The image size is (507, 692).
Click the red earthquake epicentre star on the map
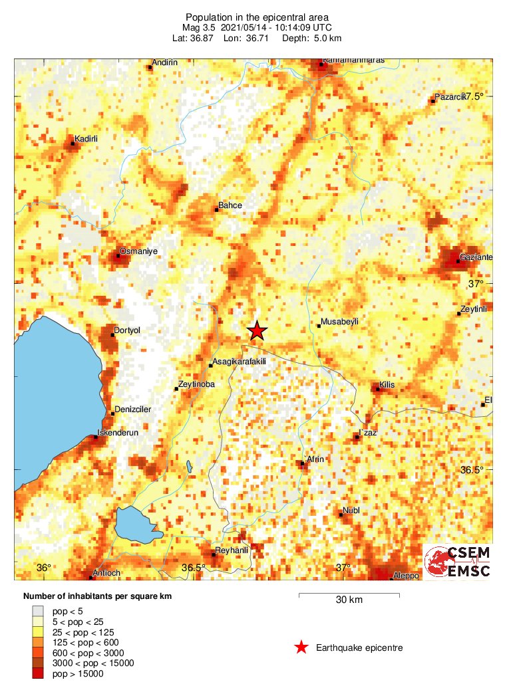click(x=257, y=330)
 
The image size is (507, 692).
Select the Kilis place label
click(x=387, y=385)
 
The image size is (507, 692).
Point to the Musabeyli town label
click(x=339, y=322)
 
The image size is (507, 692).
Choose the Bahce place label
click(x=230, y=206)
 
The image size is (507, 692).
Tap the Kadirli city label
click(x=86, y=139)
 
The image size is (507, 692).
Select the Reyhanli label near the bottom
click(x=230, y=550)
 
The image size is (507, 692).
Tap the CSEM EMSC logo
click(x=458, y=562)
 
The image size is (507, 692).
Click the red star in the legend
click(x=301, y=647)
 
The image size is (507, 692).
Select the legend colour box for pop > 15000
click(x=40, y=674)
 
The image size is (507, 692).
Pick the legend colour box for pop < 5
click(x=40, y=610)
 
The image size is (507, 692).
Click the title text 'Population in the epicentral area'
click(x=256, y=17)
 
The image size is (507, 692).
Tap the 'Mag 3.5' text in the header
click(x=199, y=28)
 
